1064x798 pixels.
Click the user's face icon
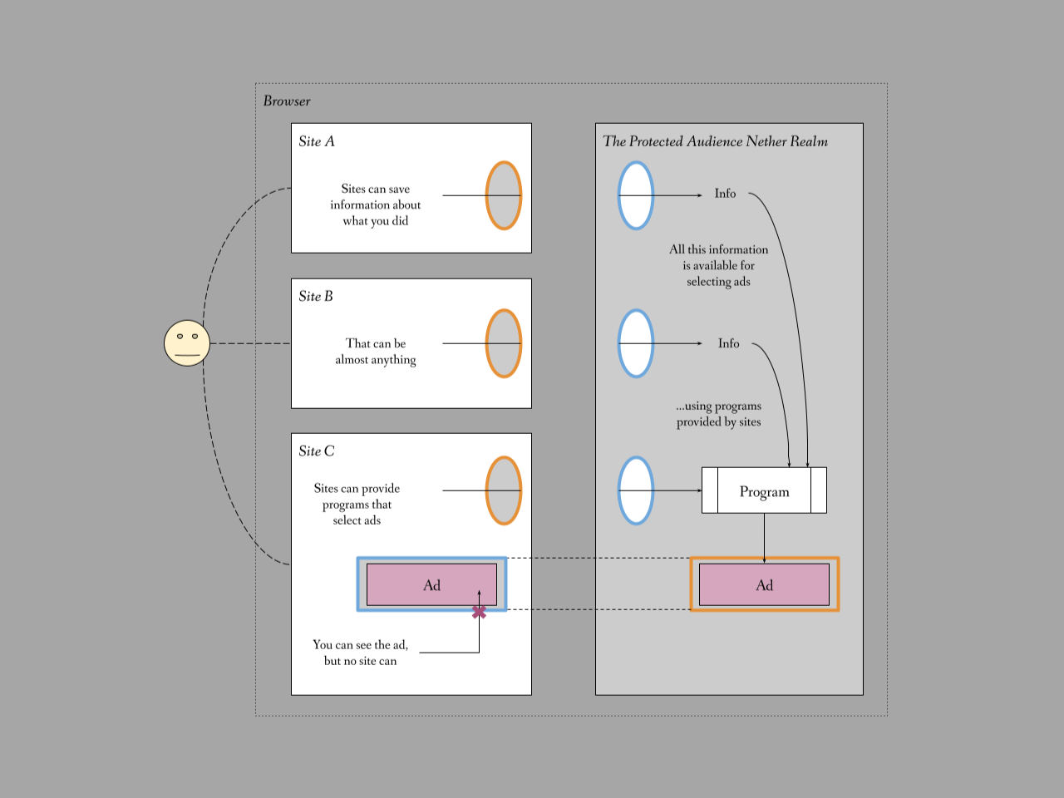coord(187,343)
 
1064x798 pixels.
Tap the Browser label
coord(287,101)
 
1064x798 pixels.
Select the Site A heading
coord(317,141)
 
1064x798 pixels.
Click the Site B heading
coord(316,297)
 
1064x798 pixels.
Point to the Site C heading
coord(317,451)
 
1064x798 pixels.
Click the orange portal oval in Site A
coord(504,195)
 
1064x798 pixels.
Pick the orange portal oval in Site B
coord(504,343)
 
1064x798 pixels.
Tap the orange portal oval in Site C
coord(504,490)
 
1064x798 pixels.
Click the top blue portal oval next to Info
coord(636,195)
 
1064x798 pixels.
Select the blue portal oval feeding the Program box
coord(636,490)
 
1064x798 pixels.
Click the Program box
coord(764,490)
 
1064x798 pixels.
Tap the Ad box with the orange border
coord(764,584)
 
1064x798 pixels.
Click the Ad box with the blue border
coord(431,584)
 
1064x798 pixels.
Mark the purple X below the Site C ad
coord(479,612)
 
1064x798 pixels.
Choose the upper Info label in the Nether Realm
coord(725,194)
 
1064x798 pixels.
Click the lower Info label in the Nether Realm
coord(728,343)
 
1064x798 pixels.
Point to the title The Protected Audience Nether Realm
coord(715,141)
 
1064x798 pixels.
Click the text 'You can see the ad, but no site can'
coord(360,653)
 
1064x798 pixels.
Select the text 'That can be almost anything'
coord(376,352)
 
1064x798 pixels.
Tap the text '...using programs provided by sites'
coord(718,414)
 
